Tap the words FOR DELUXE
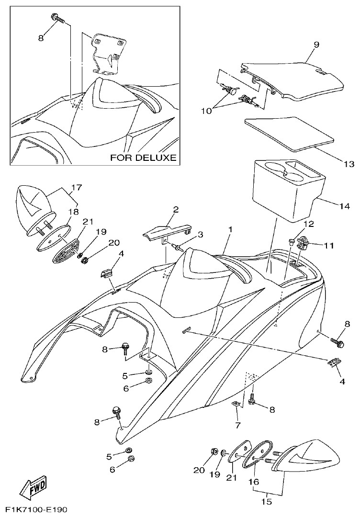[143, 157]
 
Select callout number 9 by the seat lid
[316, 45]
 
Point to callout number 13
[349, 164]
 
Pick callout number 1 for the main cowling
[230, 230]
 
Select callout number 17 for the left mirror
[77, 187]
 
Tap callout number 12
[308, 223]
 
